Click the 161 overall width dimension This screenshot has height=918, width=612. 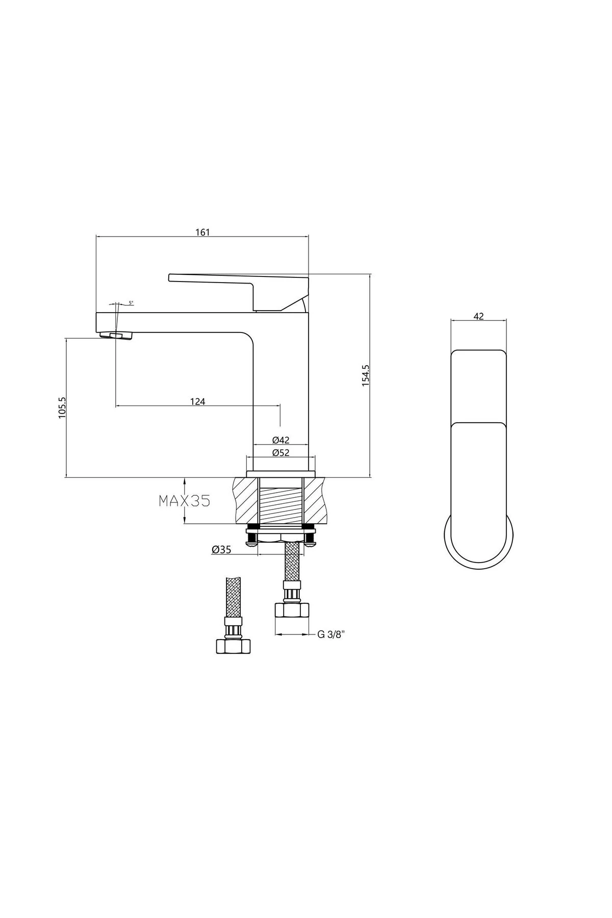pos(202,232)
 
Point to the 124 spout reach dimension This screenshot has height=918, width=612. pos(197,401)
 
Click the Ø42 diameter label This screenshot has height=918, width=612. pos(280,440)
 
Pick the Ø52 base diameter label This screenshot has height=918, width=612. pos(280,452)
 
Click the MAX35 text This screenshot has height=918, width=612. pos(184,501)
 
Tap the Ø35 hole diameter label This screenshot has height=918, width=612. pos(221,549)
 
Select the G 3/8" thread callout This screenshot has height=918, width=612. pos(331,634)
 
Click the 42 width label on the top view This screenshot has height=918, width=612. pos(478,316)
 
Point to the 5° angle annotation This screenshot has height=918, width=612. pos(131,303)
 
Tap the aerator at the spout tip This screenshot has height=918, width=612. pos(117,335)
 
